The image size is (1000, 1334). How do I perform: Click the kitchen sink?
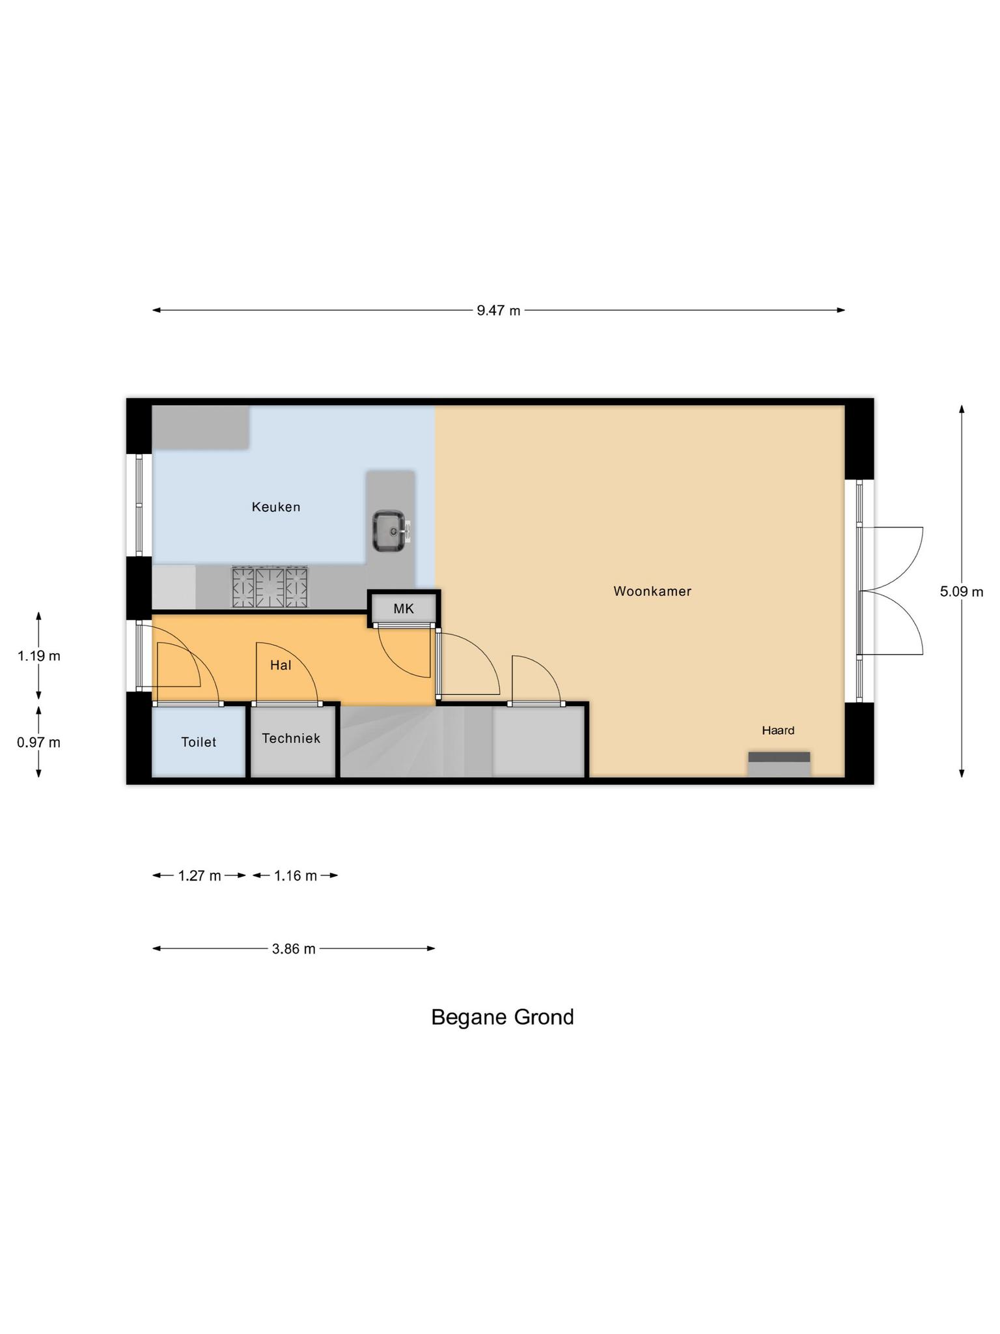coord(389,530)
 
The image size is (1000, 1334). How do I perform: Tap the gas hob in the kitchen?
coord(270,586)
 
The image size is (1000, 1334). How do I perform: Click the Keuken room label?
coord(276,507)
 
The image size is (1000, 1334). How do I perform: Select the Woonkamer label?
coord(652,591)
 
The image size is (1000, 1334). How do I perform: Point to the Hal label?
coord(281,665)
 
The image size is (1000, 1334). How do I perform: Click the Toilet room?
coord(199,742)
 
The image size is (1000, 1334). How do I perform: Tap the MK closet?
coord(404,609)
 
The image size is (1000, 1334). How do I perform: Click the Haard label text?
coord(778,731)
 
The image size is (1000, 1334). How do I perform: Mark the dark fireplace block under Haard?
coord(779,757)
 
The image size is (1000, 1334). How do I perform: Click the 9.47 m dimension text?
coord(498,311)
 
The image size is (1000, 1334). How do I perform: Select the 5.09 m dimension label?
coord(961,591)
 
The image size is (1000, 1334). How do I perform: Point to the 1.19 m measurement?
coord(38,656)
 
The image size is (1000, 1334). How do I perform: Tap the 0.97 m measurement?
coord(38,742)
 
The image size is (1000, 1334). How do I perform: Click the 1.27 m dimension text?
coord(199,876)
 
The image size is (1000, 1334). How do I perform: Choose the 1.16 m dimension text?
coord(295,876)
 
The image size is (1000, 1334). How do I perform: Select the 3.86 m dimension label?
coord(294,949)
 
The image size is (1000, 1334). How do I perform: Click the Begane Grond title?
coord(502,1017)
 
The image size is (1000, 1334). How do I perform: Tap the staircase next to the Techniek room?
coord(417,743)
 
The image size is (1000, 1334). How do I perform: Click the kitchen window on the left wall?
coord(139,505)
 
